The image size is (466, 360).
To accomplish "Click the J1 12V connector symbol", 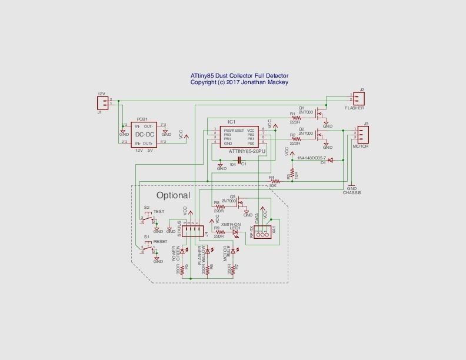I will (100, 102).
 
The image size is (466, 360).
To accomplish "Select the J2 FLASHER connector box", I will (358, 98).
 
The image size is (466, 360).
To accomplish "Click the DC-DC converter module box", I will (144, 135).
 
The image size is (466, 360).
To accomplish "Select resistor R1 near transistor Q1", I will (295, 118).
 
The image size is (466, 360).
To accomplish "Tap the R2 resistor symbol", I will (295, 139).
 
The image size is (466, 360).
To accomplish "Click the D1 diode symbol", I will (329, 159).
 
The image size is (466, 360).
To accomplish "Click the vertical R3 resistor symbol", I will (292, 174).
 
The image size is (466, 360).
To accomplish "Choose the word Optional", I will (173, 195).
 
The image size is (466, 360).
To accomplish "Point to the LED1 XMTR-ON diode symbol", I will (236, 232).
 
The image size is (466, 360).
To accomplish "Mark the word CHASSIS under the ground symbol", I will (352, 192).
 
